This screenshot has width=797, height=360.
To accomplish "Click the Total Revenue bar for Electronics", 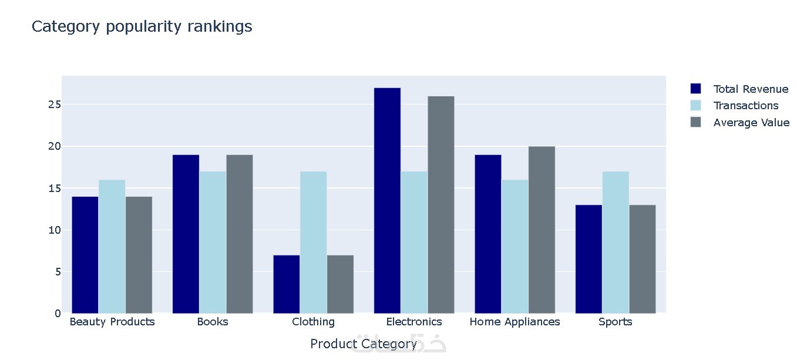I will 387,200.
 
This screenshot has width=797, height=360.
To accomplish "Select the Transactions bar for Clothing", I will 314,242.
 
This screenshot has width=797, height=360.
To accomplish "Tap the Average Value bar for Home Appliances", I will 542,230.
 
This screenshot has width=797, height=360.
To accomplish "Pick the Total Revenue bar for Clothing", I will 287,284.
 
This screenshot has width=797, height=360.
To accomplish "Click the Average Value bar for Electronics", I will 441,204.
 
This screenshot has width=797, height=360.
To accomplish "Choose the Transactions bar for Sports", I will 616,242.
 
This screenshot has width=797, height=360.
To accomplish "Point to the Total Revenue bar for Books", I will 186,234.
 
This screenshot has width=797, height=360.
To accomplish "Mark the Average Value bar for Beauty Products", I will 139,255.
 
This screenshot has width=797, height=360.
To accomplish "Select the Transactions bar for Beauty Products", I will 112,247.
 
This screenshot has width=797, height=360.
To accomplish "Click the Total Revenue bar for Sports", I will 588,259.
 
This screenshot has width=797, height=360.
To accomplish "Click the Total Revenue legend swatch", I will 695,89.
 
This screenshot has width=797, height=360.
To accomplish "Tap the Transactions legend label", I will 745,106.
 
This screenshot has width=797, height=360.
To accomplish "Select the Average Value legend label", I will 751,123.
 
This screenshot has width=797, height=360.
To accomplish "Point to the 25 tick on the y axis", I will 55,105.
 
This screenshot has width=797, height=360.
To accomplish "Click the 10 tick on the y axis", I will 55,230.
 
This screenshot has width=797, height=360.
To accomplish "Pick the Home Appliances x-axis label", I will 514,322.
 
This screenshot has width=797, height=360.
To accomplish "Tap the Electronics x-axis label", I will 414,322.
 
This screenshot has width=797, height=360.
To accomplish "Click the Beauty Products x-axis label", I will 112,322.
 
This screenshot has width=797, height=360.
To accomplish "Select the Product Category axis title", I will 364,344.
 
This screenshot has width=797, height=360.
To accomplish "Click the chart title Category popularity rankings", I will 142,26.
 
